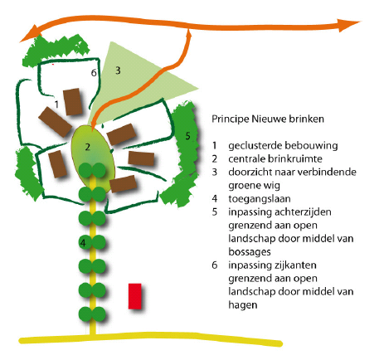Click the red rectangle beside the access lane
[x=135, y=296]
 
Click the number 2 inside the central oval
[x=88, y=147]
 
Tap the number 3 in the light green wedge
[x=118, y=71]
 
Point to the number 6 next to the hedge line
[x=94, y=73]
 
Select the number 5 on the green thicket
[x=188, y=136]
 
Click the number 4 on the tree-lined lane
[x=83, y=243]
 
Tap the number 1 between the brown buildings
[x=56, y=105]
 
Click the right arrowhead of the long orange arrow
[x=349, y=25]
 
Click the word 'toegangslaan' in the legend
[x=260, y=199]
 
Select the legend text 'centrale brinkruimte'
[x=275, y=158]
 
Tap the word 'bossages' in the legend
[x=250, y=252]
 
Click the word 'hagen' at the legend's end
[x=243, y=305]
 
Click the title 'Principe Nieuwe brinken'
[x=268, y=119]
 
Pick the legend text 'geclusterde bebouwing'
[x=283, y=146]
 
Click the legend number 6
[x=215, y=265]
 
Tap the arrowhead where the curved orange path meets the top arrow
[x=189, y=33]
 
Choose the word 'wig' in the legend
[x=272, y=186]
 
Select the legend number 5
[x=215, y=212]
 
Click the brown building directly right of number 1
[x=73, y=102]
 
